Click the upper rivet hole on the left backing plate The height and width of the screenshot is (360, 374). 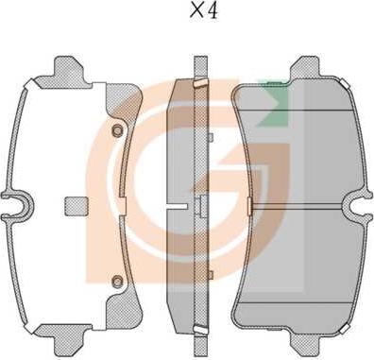117,129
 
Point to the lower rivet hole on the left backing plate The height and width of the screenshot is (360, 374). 117,281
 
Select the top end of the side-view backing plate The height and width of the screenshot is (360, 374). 197,64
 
